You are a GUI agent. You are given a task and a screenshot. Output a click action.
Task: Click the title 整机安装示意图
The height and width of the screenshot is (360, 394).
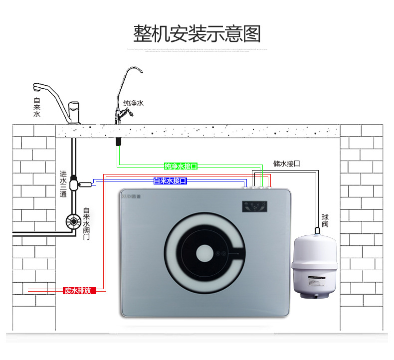pos(197,33)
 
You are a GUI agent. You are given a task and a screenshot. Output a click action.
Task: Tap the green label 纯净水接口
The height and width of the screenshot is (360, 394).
pos(181,166)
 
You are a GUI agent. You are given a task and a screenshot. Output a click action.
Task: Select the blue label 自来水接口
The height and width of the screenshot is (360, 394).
pos(170,181)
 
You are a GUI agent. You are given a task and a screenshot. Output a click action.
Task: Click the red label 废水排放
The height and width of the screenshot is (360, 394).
pos(77,290)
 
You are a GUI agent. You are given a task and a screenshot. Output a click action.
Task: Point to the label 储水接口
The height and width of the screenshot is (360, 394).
pos(286,163)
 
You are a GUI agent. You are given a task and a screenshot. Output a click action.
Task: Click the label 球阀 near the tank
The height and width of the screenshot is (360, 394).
pos(325,221)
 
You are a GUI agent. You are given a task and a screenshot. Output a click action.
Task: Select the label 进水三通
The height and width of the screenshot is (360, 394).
pos(63,183)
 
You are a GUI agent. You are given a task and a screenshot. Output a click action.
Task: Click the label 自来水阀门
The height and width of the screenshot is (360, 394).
pos(86,224)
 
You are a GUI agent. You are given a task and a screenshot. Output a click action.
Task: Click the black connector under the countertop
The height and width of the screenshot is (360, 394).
pos(118,141)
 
